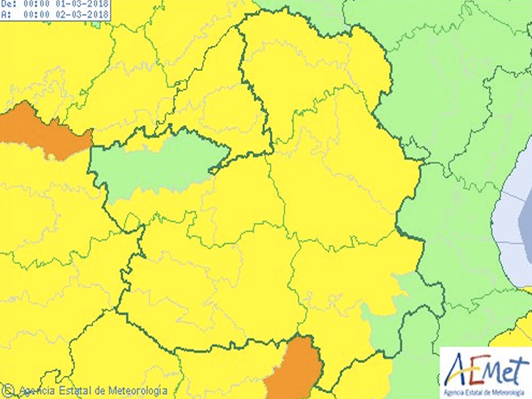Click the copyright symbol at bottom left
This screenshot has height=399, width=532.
point(9,390)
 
